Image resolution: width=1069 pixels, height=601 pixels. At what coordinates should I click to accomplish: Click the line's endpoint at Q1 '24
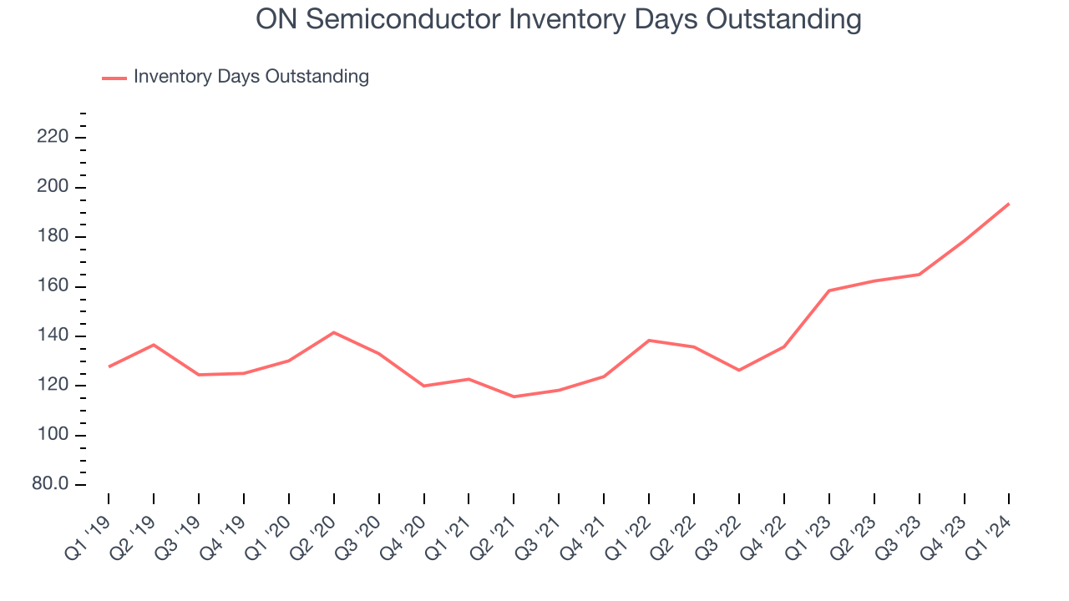pyautogui.click(x=1009, y=204)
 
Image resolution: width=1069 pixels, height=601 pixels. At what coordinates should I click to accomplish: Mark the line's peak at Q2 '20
pyautogui.click(x=334, y=332)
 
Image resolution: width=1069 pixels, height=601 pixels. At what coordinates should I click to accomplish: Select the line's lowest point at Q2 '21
pyautogui.click(x=514, y=396)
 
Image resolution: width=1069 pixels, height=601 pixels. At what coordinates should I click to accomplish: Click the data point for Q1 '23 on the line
pyautogui.click(x=829, y=290)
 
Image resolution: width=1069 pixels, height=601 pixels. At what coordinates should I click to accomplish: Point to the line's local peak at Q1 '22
pyautogui.click(x=649, y=341)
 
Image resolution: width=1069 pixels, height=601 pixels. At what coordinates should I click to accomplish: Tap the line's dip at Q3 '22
pyautogui.click(x=739, y=370)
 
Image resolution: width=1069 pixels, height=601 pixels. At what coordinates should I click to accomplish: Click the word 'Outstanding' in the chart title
pyautogui.click(x=783, y=18)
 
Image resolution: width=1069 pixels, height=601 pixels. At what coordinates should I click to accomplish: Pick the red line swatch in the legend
pyautogui.click(x=114, y=78)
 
